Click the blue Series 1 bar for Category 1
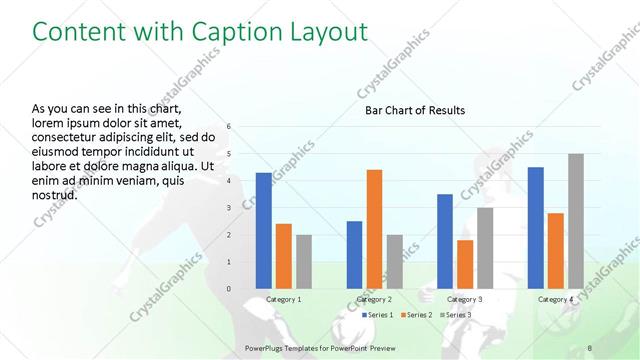pos(263,230)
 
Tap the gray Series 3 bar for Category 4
pos(575,221)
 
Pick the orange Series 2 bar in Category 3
pos(465,264)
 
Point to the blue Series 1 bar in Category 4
pos(535,227)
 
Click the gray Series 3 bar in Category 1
pos(304,261)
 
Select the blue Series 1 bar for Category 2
pos(354,254)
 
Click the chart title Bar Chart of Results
pos(414,110)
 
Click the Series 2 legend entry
pos(413,315)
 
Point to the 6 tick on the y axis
pos(229,127)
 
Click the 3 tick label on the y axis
pos(229,208)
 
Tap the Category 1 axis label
pos(284,299)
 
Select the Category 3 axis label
pos(465,299)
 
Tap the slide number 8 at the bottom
pos(590,347)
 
